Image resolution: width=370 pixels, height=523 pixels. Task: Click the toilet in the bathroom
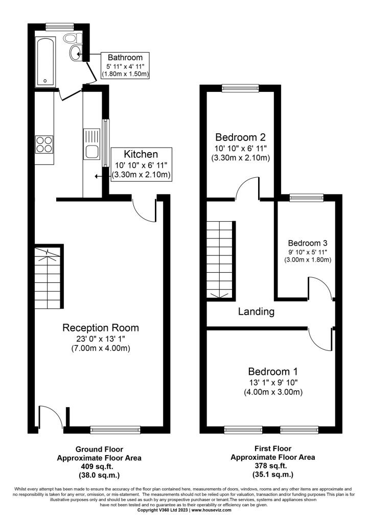point(73,38)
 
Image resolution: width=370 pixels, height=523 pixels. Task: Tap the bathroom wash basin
point(76,53)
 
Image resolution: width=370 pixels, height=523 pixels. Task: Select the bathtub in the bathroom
point(45,61)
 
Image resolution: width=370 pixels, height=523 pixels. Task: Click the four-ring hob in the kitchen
point(44,145)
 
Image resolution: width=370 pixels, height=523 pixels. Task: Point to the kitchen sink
point(92,144)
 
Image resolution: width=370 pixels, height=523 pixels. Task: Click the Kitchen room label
point(141,154)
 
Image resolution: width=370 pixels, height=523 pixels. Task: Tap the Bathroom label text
point(125,57)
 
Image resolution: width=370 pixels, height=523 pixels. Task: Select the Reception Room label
point(101,327)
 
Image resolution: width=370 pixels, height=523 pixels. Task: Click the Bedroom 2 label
point(240,137)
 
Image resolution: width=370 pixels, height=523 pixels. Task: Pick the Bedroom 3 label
point(308,243)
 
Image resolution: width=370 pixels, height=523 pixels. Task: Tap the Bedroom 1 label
point(273,371)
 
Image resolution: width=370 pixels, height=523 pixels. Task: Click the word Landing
point(256,312)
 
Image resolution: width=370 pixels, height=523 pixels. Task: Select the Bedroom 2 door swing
point(247,188)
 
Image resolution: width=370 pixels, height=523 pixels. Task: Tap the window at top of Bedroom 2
point(240,88)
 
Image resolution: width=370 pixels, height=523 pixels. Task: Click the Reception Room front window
point(115,430)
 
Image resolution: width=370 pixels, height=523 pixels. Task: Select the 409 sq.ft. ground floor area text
point(99,466)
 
